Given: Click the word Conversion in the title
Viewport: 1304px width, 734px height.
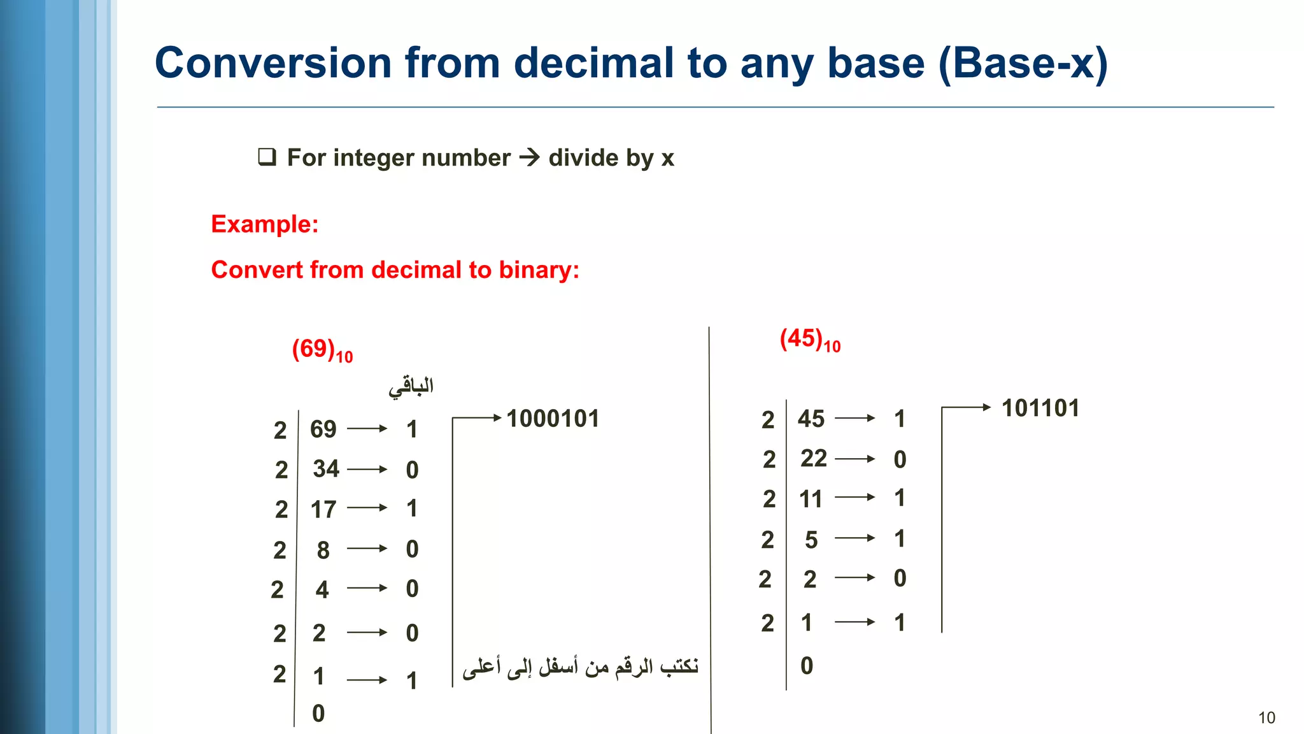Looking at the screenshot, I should (x=273, y=63).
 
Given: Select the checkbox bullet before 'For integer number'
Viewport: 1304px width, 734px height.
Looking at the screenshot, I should (x=267, y=157).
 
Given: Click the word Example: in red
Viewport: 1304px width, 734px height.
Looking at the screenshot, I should (x=264, y=224).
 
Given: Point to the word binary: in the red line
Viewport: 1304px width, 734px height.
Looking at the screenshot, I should (x=539, y=270).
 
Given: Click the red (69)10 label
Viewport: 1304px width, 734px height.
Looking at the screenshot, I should (x=322, y=350).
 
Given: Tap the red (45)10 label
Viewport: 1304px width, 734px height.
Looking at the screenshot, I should (x=810, y=340).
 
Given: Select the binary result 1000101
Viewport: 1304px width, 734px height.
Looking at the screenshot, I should (x=553, y=419).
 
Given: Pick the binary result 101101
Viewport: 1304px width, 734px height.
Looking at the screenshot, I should (x=1040, y=408).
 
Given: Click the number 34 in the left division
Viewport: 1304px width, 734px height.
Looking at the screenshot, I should (x=326, y=469).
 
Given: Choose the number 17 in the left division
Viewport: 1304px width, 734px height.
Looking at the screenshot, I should (x=323, y=510).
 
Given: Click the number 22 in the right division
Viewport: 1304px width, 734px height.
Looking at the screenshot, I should (x=814, y=459).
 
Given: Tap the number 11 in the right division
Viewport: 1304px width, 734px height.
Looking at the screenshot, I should (x=811, y=499).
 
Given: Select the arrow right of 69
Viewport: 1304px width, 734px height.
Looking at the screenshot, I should (x=367, y=429).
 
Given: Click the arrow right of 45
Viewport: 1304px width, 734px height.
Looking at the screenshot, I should (x=854, y=419).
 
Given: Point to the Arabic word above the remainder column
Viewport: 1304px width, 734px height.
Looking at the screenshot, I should (x=411, y=387).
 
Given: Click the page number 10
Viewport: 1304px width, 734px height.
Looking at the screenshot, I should (x=1266, y=718).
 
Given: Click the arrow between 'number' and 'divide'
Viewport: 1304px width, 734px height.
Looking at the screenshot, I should (x=529, y=157).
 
